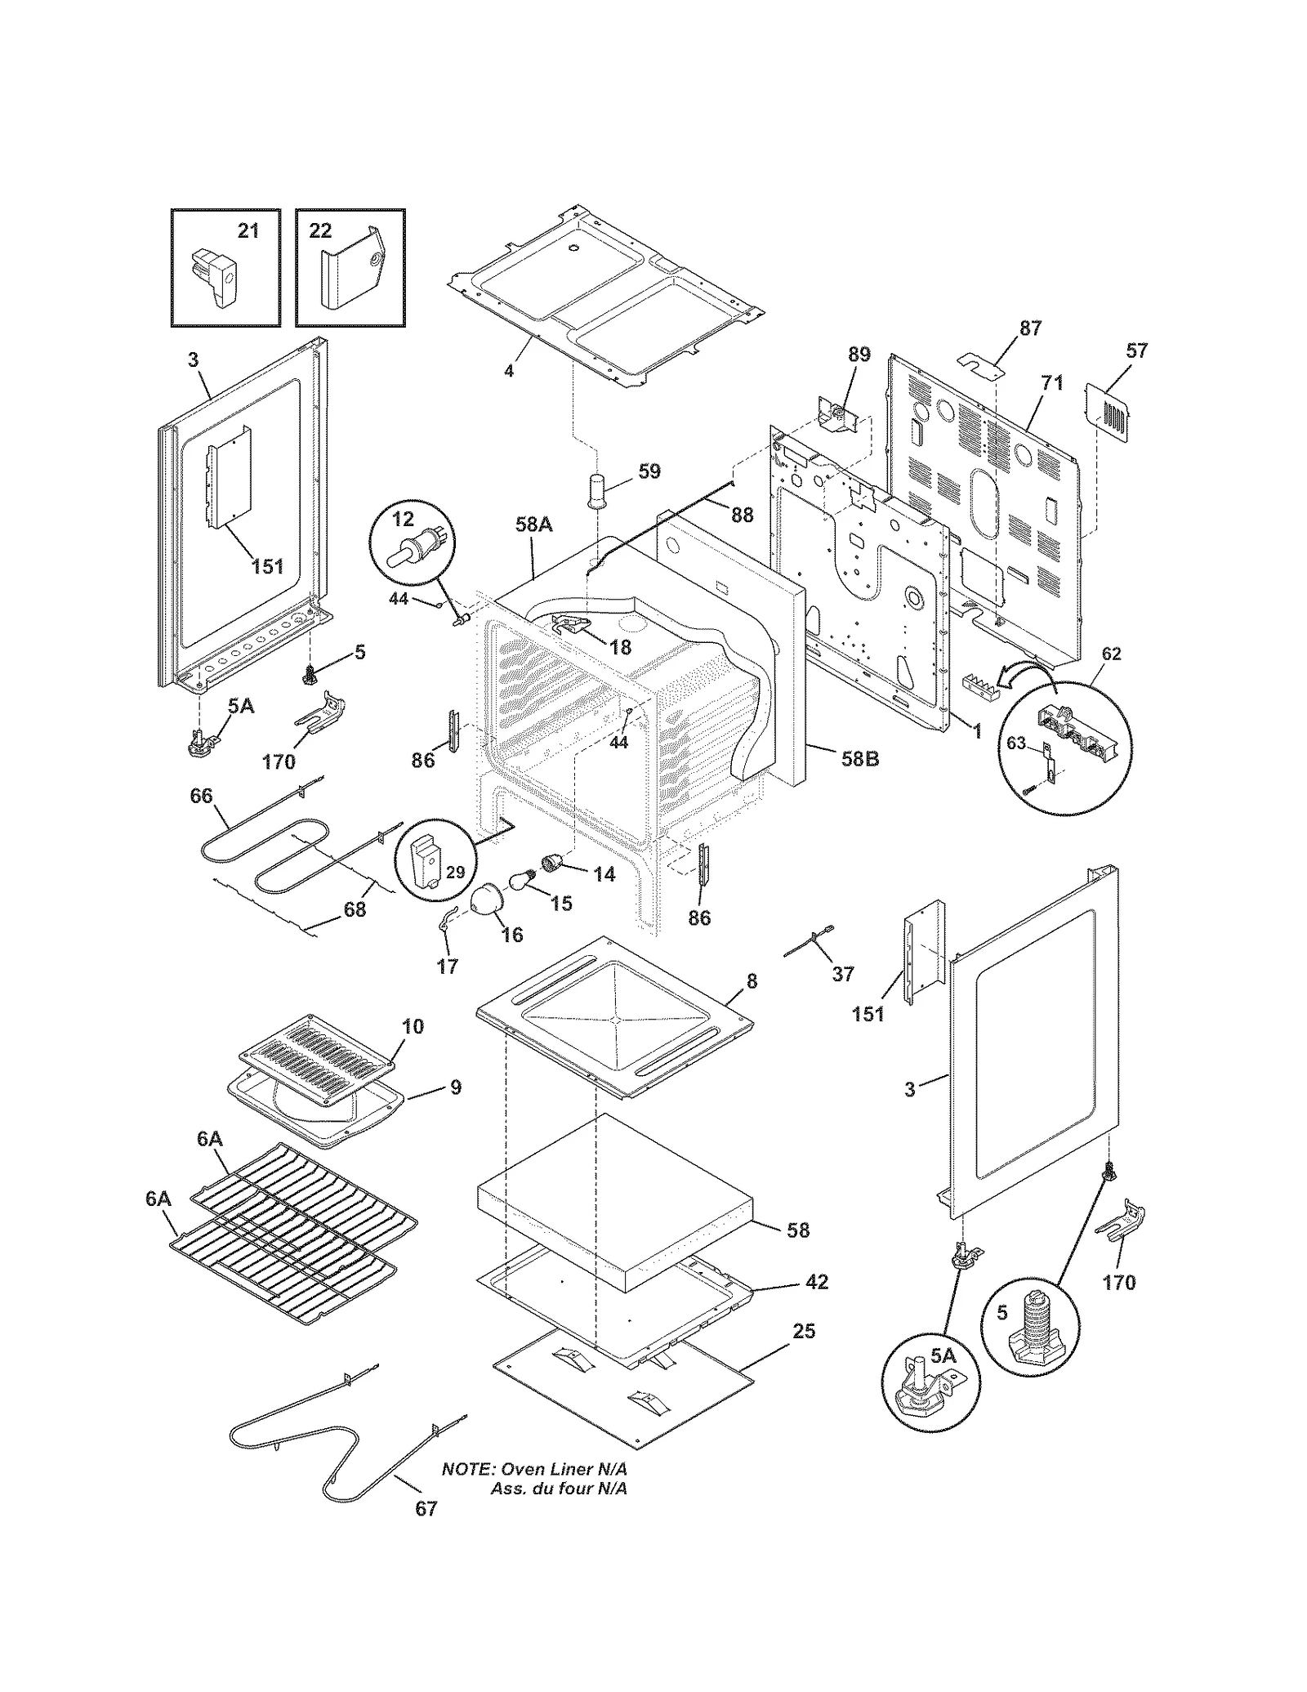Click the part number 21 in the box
pos(248,231)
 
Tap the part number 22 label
pos(320,231)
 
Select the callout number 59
pos(649,471)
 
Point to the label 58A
pos(533,525)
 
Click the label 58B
pos(860,758)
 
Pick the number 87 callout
pos(1030,328)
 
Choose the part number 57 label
pos(1136,351)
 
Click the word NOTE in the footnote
pos(467,1469)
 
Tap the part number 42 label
pos(816,1282)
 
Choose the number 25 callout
pos(804,1332)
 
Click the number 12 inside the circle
pos(404,520)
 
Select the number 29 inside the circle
pos(455,873)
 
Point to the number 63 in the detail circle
pos(1015,743)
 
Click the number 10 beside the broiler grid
pos(413,1026)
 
